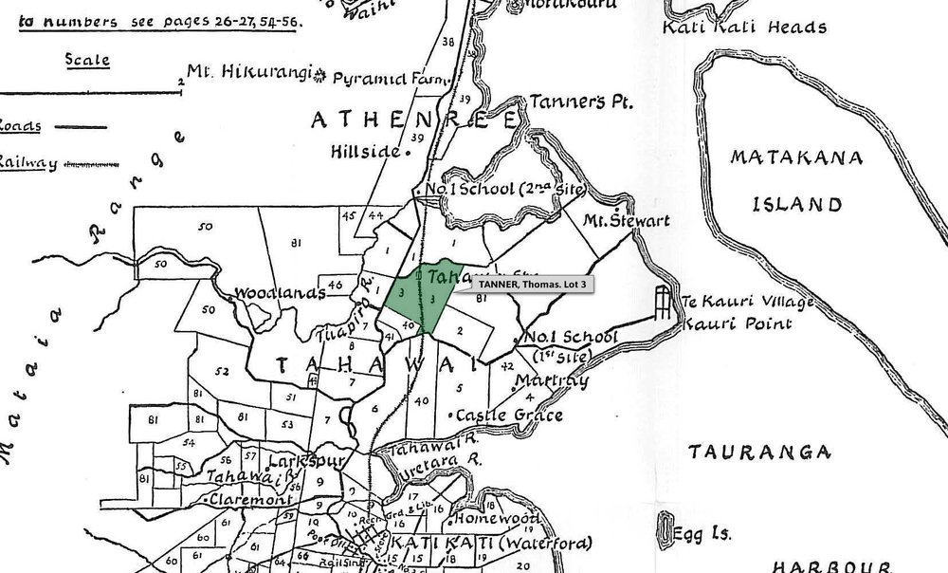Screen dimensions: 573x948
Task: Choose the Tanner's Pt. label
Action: (x=581, y=102)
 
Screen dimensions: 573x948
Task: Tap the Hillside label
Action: (x=366, y=151)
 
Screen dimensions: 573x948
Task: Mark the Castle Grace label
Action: (x=510, y=416)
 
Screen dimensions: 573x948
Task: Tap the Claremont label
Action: (x=254, y=499)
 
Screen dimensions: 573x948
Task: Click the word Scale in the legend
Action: (x=86, y=60)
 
